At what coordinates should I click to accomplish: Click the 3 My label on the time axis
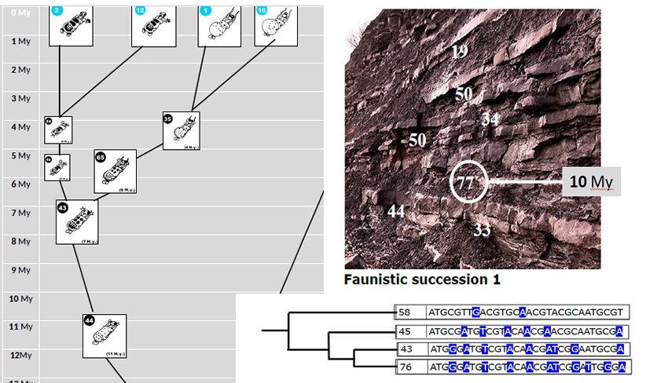point(20,98)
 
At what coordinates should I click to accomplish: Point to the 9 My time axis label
point(20,270)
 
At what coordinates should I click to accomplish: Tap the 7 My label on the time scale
point(20,213)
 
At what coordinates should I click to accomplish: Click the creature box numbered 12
point(152,24)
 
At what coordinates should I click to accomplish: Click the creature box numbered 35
point(182,130)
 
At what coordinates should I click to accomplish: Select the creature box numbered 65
point(116,171)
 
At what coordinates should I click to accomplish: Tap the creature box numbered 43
point(76,221)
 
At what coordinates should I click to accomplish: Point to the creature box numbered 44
point(105,336)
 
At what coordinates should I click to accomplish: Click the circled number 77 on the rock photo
point(466,184)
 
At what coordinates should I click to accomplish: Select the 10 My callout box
point(591,182)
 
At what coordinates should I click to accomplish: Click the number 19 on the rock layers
point(460,52)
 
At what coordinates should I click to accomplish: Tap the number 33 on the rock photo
point(482,230)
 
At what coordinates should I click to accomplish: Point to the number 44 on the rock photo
point(396,211)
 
